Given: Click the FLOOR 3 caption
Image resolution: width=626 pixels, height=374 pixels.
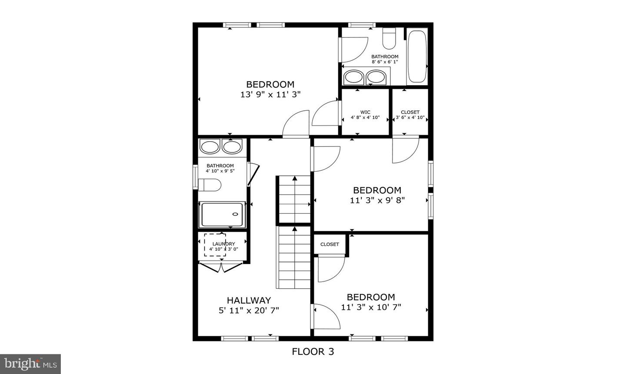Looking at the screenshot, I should pos(313,351).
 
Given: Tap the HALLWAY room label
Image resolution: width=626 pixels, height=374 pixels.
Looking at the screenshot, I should pos(249,300).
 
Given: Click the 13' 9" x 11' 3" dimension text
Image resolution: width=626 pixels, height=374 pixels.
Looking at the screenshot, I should pos(270,94).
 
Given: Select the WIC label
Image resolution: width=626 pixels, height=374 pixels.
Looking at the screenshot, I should pos(365,112).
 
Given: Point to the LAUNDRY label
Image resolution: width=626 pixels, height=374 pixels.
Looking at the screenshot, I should pos(223,244).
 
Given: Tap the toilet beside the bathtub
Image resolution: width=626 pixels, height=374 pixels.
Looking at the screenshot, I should pos(389,39).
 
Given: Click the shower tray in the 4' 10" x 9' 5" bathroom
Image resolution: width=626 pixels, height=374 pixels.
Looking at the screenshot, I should pos(222,214).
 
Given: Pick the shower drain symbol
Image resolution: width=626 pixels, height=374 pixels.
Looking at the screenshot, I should pos(236,214).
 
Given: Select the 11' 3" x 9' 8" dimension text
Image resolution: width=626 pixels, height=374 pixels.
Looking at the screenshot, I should pos(377,200).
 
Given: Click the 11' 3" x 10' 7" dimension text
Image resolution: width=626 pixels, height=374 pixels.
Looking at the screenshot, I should pos(371,307).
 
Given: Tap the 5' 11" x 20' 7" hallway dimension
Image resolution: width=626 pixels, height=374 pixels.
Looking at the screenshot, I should pos(249,310).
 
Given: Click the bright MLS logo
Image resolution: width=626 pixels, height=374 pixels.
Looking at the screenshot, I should pos(30,363).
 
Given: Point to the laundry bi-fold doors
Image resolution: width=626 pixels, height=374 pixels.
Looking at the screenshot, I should pos(222,267).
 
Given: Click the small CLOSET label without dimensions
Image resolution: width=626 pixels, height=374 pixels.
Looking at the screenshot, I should pos(330,244).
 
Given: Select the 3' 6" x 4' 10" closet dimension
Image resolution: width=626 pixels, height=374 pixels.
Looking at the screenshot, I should pos(410,117).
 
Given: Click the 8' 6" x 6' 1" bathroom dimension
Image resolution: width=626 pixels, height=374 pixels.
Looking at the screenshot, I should pos(385,62).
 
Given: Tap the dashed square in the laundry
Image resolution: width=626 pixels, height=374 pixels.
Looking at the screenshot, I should pos(215,245).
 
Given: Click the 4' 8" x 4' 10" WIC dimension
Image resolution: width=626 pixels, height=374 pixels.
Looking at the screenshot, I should pos(365,117).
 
